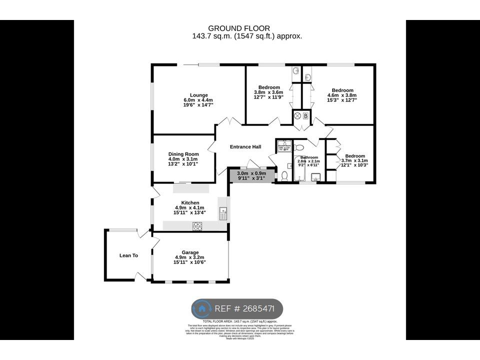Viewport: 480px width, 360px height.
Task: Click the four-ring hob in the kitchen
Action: click(197, 226)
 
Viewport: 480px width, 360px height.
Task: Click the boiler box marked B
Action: click(306, 116)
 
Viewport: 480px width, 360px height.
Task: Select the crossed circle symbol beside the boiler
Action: click(297, 116)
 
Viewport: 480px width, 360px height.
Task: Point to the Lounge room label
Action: click(198, 95)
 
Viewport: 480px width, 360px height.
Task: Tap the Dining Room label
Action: click(183, 154)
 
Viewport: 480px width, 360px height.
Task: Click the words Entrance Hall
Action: click(245, 147)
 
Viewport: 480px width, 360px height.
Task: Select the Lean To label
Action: click(128, 255)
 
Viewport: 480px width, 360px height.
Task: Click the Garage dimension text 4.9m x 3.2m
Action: click(189, 257)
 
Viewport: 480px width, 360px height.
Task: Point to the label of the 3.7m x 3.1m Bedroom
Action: click(354, 156)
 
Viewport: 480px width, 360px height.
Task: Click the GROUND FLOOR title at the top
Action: click(239, 28)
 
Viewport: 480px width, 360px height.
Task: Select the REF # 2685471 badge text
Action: click(244, 308)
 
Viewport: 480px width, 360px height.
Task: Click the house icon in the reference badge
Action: click(202, 308)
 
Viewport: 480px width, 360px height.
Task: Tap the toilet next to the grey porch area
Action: click(284, 175)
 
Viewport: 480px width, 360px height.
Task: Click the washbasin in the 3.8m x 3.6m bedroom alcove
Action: click(295, 71)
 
